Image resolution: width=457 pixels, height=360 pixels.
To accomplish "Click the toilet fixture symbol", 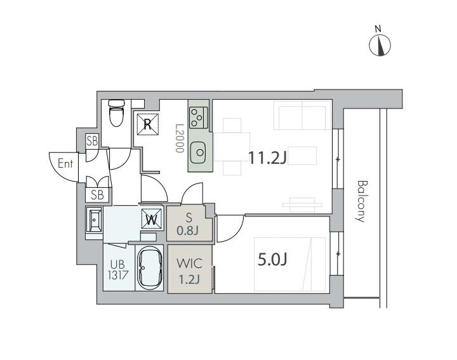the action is tap(116, 113).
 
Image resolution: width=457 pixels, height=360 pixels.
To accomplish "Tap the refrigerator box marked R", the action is tap(148, 124).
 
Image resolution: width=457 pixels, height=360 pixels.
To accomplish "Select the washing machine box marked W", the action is tap(151, 218).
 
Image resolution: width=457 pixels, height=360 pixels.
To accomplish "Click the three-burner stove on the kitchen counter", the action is tap(198, 117).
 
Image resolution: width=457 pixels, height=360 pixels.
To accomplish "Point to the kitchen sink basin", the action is tap(199, 152).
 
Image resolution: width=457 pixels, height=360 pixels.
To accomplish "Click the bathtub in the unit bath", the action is tap(150, 268).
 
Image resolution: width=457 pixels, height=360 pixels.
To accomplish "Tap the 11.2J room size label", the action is tap(267, 157).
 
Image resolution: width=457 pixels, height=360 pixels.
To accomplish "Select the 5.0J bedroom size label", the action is tap(272, 260).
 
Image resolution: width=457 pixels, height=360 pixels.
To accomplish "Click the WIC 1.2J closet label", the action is tap(189, 271).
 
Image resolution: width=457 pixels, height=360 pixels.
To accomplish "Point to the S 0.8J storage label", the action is tap(188, 224).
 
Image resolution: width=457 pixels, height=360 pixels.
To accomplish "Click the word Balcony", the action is tap(362, 201).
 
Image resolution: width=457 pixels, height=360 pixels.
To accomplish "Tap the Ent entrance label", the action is tap(65, 163).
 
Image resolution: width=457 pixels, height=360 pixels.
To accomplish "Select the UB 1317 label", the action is tap(117, 270).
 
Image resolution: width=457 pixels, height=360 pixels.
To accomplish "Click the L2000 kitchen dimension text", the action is tap(180, 138).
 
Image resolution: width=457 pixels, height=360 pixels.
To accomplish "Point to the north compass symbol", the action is tap(380, 45).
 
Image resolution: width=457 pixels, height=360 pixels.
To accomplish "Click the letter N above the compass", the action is tap(378, 29).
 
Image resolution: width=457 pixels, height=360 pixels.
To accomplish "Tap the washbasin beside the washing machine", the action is tap(94, 220).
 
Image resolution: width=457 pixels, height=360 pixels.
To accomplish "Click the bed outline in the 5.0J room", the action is tap(289, 264).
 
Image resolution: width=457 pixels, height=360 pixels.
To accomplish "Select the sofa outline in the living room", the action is tap(302, 116).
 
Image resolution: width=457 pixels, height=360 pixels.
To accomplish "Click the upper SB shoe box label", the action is tap(92, 141).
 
